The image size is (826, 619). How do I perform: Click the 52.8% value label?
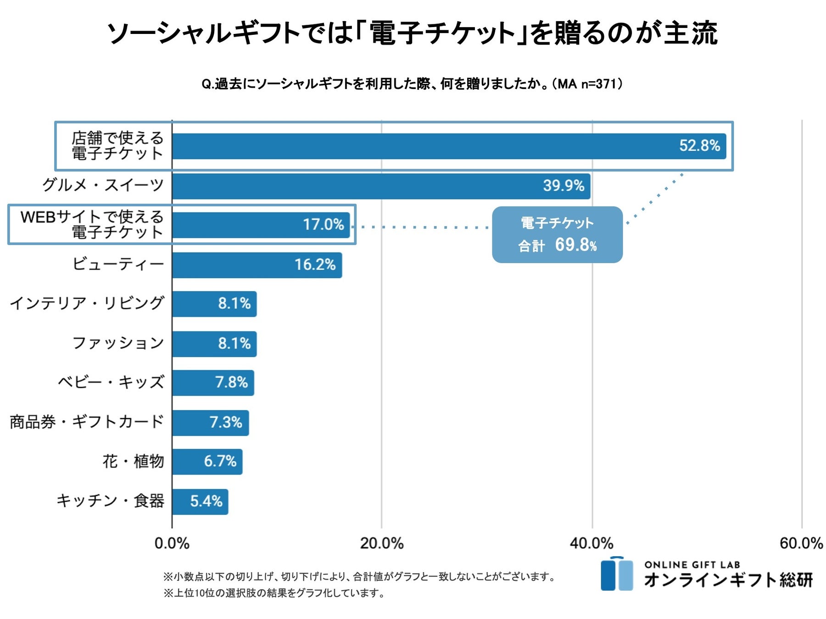699,146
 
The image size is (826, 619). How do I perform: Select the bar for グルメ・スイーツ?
381,186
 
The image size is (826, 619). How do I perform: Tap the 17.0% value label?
323,225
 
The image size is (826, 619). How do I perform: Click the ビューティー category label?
118,264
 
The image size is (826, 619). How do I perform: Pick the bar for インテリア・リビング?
214,304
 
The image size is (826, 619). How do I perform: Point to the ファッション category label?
118,343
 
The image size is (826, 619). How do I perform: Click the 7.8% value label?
231,382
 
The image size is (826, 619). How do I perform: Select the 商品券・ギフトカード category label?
87,422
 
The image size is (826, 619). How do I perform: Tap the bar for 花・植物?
207,462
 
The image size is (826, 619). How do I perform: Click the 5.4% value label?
206,501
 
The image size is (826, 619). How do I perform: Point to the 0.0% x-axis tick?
172,544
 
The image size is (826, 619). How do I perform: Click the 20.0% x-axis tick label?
381,544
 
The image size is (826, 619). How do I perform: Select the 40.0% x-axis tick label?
592,544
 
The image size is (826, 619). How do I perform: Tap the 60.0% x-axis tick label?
801,544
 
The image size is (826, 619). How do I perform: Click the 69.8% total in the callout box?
575,245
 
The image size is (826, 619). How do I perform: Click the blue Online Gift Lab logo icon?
617,574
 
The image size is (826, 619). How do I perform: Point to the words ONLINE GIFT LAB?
692,565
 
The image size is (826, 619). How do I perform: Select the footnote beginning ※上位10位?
274,593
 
